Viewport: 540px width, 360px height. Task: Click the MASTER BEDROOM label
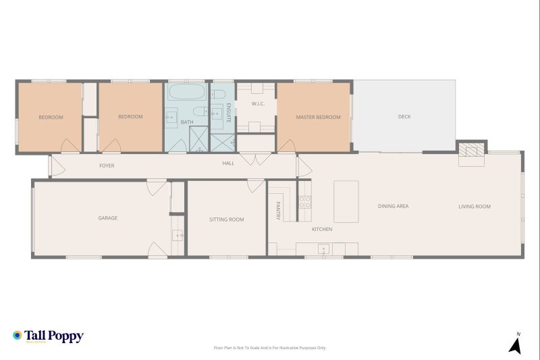pyautogui.click(x=318, y=117)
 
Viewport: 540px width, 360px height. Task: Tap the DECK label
pyautogui.click(x=404, y=117)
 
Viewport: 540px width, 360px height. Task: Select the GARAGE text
pyautogui.click(x=108, y=218)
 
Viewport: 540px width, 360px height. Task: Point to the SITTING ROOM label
pyautogui.click(x=227, y=220)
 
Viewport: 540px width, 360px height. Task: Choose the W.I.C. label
pyautogui.click(x=257, y=104)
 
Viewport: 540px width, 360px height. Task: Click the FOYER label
pyautogui.click(x=107, y=165)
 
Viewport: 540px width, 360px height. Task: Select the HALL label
pyautogui.click(x=229, y=163)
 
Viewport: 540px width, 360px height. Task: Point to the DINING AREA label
pyautogui.click(x=393, y=206)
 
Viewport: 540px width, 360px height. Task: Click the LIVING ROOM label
pyautogui.click(x=475, y=206)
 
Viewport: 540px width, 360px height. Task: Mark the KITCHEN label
pyautogui.click(x=322, y=229)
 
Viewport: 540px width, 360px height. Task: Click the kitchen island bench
pyautogui.click(x=347, y=201)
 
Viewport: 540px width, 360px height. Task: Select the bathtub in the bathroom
pyautogui.click(x=186, y=93)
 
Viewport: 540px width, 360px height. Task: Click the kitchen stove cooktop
pyautogui.click(x=304, y=201)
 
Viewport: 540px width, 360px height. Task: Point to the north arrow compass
pyautogui.click(x=516, y=344)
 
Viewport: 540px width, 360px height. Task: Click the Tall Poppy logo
pyautogui.click(x=48, y=336)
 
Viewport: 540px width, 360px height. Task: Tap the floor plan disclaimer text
pyautogui.click(x=270, y=348)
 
